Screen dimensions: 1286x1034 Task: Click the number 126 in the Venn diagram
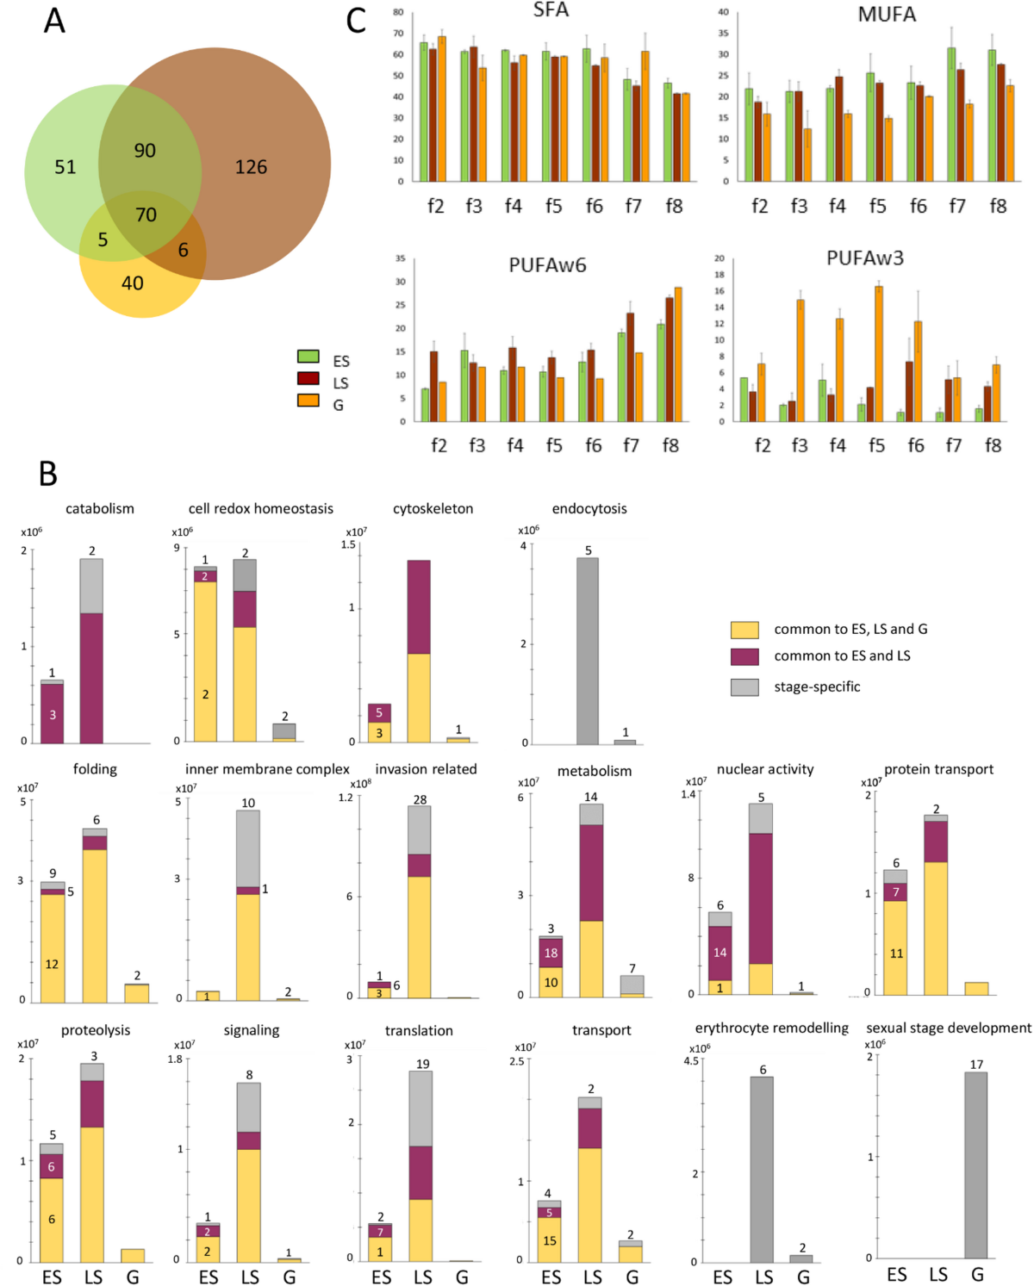pos(251,167)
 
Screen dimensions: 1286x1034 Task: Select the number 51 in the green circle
pos(65,167)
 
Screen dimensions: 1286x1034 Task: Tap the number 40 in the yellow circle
pos(133,283)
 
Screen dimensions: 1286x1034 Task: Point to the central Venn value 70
pos(146,214)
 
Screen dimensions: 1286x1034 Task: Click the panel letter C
pos(356,21)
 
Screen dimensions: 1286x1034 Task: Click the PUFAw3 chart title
pos(864,258)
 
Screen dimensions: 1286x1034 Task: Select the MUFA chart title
pos(887,15)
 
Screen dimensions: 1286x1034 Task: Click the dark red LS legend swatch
pos(308,379)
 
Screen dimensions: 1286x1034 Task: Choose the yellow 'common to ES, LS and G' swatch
pos(744,630)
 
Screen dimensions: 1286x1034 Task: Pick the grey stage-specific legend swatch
pos(744,686)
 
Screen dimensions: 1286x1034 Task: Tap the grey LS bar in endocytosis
pos(588,650)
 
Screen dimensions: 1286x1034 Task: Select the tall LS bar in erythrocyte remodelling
pos(762,1169)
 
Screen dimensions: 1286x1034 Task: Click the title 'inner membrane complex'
pos(267,769)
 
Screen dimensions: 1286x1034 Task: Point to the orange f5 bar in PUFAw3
pos(878,353)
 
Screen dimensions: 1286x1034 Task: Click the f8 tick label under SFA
pos(674,206)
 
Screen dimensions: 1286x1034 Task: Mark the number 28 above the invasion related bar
pos(420,799)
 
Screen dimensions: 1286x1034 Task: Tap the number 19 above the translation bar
pos(422,1064)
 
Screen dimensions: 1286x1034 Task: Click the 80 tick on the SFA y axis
pos(398,12)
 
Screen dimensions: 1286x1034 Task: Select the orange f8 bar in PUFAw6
pos(678,354)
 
